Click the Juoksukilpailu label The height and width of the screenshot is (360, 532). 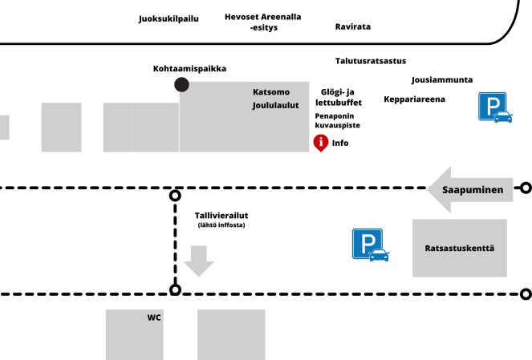(x=169, y=18)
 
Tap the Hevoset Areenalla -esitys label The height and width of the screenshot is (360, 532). (x=262, y=22)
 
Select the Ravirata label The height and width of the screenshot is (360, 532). (x=353, y=26)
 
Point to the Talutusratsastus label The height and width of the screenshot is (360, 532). (x=371, y=61)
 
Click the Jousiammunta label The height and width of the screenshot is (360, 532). (x=442, y=80)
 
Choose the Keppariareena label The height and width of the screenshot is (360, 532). (x=414, y=99)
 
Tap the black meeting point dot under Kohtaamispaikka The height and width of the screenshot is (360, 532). (x=182, y=85)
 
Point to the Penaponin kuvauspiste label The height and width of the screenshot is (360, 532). (x=337, y=121)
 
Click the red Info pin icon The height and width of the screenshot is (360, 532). (x=320, y=143)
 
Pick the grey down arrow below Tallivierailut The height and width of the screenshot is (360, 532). (x=198, y=261)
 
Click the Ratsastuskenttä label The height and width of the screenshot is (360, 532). (x=459, y=248)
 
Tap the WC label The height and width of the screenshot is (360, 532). (x=154, y=318)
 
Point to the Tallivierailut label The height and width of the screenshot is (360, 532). (x=221, y=216)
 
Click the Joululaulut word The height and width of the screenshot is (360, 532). (x=275, y=105)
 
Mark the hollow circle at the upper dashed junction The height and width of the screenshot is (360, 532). (x=176, y=195)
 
